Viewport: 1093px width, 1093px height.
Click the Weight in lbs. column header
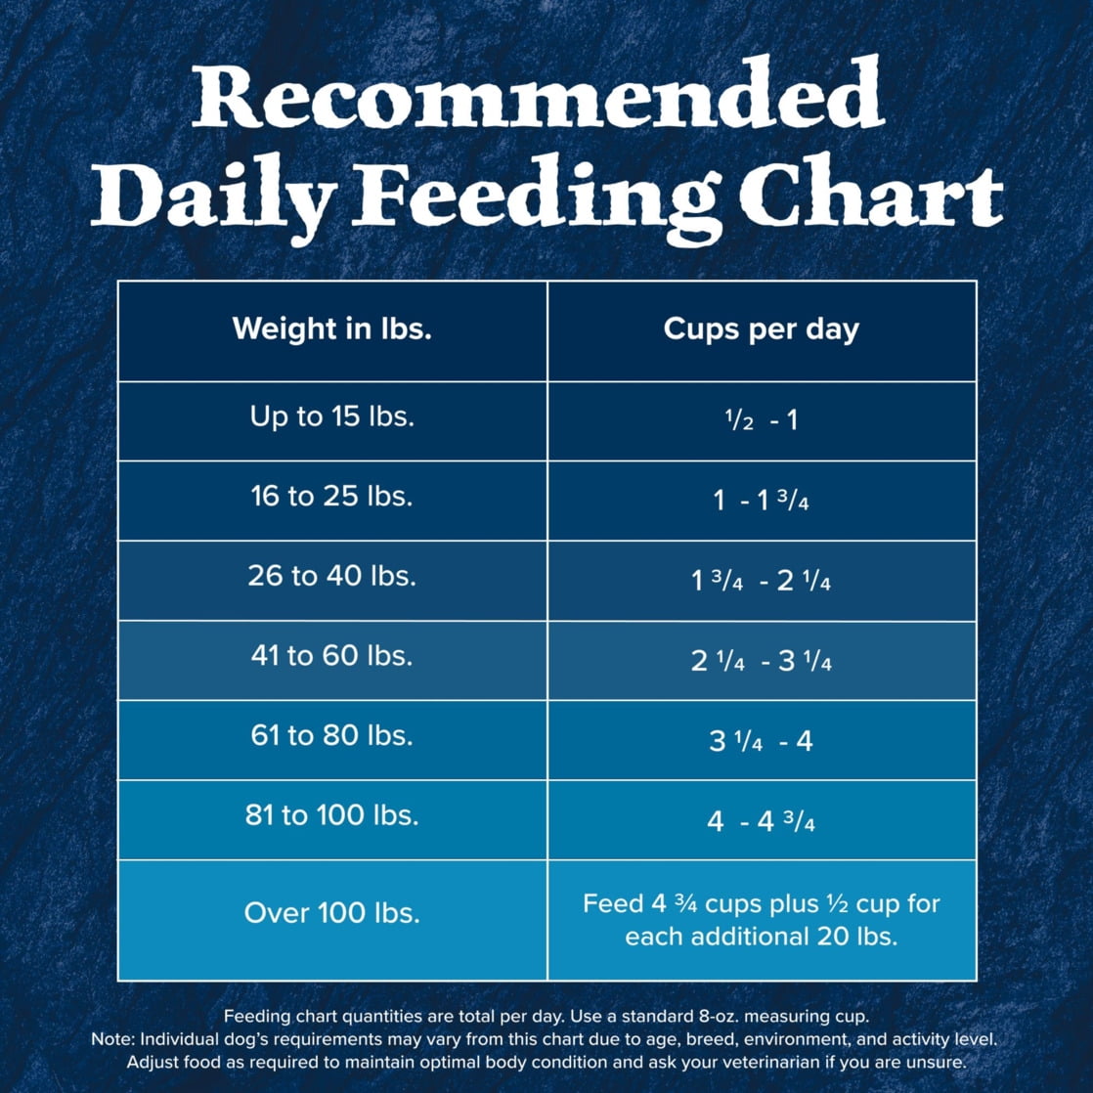[x=331, y=328]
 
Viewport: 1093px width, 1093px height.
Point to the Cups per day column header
[x=761, y=328]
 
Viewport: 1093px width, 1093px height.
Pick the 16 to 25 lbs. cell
[x=331, y=496]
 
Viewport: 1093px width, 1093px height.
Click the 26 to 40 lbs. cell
[x=331, y=576]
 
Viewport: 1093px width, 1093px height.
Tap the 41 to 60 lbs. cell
[x=331, y=655]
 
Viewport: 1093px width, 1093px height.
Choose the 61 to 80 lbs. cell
[x=331, y=735]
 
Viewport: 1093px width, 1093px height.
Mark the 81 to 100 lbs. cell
[x=331, y=815]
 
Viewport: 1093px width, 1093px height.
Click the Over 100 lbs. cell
[x=331, y=914]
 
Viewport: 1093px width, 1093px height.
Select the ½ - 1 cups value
[x=761, y=421]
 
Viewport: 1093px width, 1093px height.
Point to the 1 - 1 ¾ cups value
[x=761, y=502]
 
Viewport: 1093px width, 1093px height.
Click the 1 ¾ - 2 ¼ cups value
[x=761, y=581]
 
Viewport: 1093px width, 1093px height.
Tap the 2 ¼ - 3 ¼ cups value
[x=761, y=661]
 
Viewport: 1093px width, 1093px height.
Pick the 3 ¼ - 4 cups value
[x=761, y=741]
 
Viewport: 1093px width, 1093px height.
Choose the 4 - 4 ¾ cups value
[x=761, y=821]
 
